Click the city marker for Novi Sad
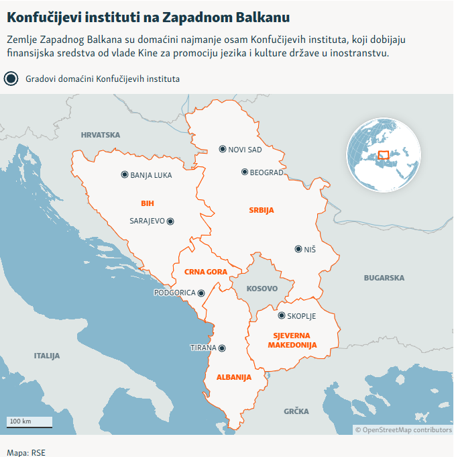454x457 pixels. click(x=223, y=149)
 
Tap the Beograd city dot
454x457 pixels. click(x=245, y=172)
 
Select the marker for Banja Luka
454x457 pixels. click(x=125, y=174)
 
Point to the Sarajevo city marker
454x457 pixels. click(x=170, y=220)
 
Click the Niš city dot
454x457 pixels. click(x=298, y=249)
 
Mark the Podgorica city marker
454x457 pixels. click(x=201, y=293)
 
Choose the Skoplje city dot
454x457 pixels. click(x=282, y=315)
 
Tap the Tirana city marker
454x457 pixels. click(x=223, y=348)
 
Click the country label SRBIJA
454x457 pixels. click(x=262, y=210)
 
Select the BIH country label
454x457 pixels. click(x=148, y=203)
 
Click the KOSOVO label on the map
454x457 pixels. click(x=262, y=289)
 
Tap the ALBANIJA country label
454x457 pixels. click(x=233, y=377)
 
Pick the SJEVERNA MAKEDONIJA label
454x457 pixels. click(x=292, y=340)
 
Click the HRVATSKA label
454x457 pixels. click(x=100, y=135)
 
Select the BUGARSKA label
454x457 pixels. click(x=384, y=277)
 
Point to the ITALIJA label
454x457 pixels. click(x=47, y=355)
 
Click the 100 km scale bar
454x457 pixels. click(x=30, y=423)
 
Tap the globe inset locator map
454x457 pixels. click(x=383, y=154)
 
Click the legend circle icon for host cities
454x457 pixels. click(x=11, y=79)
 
